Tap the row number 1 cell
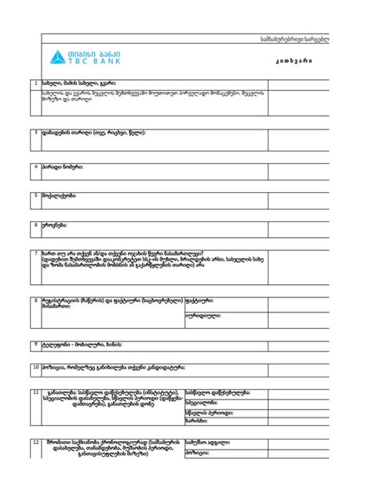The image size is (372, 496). (x=35, y=83)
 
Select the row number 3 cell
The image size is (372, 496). (x=35, y=132)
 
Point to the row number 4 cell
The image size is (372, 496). (x=35, y=166)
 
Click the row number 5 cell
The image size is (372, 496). (x=35, y=195)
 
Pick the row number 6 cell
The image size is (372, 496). (x=35, y=224)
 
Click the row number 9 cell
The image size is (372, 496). (x=35, y=344)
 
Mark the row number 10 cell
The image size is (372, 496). (x=35, y=367)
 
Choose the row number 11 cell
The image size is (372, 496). (x=35, y=391)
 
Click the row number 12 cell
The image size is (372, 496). (x=35, y=442)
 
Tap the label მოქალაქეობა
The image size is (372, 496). (x=60, y=195)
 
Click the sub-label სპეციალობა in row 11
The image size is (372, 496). (x=202, y=402)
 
